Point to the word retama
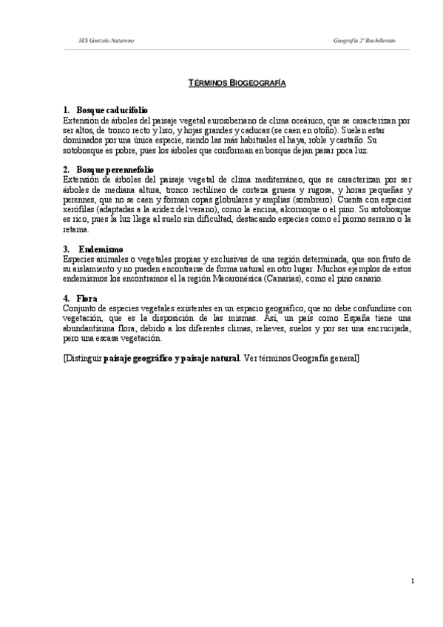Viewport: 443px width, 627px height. pyautogui.click(x=75, y=229)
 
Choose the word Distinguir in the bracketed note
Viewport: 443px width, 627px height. pyautogui.click(x=84, y=359)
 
